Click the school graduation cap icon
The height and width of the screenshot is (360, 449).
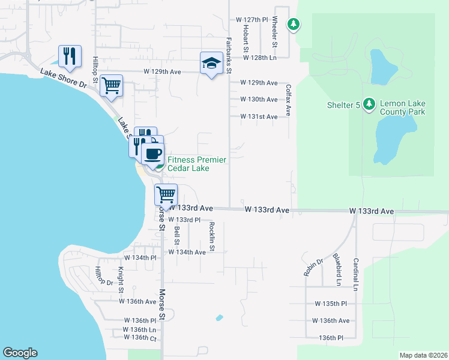pos(211,63)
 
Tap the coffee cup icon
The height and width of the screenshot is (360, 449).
pos(152,154)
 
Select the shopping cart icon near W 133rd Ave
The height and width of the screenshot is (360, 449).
pos(166,194)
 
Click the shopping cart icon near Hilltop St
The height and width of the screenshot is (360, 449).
pos(111,85)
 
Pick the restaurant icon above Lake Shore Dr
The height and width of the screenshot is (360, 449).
pos(70,56)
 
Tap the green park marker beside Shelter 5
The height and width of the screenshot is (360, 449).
pos(369,105)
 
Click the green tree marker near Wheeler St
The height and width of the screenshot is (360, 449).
pos(293,25)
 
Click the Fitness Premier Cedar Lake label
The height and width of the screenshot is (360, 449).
pos(197,164)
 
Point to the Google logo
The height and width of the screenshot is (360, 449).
pos(20,353)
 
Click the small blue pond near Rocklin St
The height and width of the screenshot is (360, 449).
pos(219,317)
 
